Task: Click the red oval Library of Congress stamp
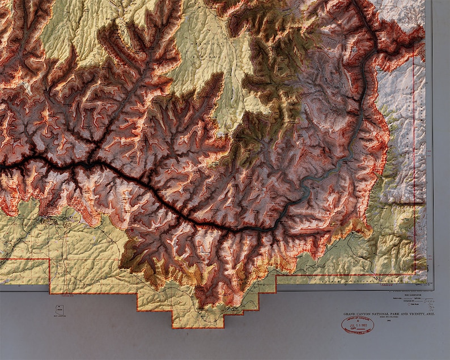(x=357, y=325)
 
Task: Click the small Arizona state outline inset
(x=59, y=310)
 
